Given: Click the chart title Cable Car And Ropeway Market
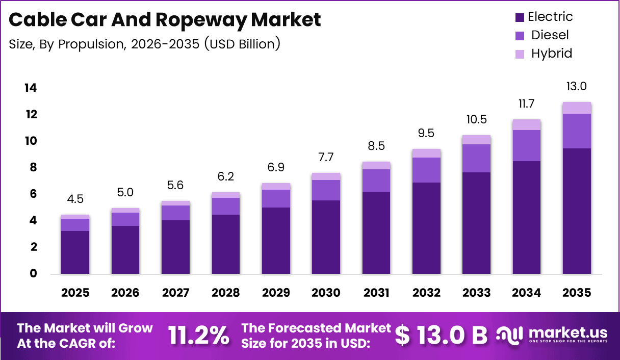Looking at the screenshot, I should [x=165, y=20].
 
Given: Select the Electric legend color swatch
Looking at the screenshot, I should [x=520, y=17].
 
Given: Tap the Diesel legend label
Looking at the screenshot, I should [x=550, y=35].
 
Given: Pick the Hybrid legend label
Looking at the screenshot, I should [x=551, y=53].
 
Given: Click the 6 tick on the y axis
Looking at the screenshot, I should [x=33, y=194].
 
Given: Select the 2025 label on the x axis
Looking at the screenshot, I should [x=75, y=293].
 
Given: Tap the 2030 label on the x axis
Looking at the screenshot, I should [x=326, y=293].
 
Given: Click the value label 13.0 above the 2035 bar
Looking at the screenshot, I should [x=577, y=87].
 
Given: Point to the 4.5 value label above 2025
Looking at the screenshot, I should [x=75, y=199].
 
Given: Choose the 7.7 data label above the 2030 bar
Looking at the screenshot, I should [x=326, y=158].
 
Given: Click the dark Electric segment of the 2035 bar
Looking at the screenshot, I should [x=577, y=211].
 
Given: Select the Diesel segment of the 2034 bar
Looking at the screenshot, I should [x=527, y=145].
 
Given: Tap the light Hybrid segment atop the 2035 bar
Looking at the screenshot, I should [x=577, y=108].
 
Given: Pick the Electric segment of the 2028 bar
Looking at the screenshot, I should [x=225, y=244].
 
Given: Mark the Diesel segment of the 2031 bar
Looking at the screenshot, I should [x=376, y=180].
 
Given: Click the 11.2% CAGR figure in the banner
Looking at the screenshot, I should [x=198, y=335].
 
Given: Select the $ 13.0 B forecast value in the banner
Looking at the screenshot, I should [x=441, y=335].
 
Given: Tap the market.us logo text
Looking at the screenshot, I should [x=567, y=332].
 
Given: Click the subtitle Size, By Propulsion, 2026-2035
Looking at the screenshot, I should [x=144, y=44].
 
